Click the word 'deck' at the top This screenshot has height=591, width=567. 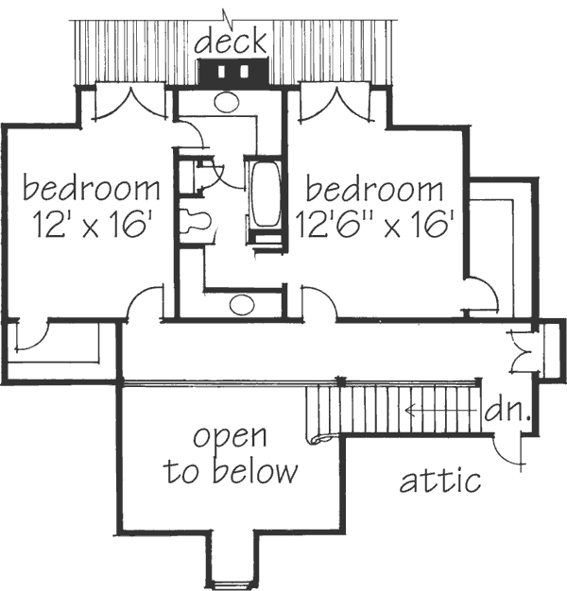232,42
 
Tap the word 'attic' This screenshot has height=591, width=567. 439,481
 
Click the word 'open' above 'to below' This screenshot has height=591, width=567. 231,438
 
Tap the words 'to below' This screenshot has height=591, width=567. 231,472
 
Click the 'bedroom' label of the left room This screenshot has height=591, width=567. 91,188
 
